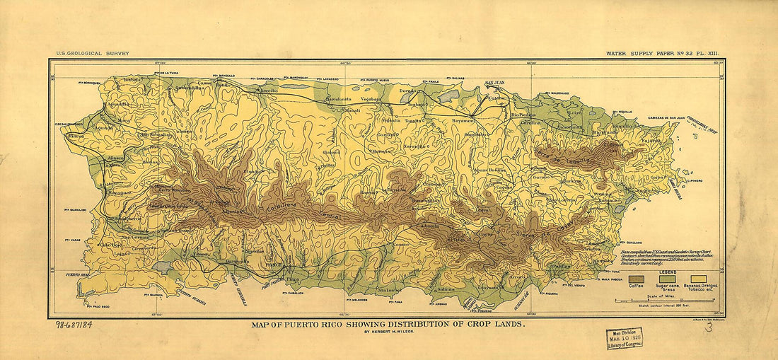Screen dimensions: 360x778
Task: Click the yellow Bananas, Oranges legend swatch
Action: pyautogui.click(x=700, y=279)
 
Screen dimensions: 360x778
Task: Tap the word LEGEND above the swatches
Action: pyautogui.click(x=667, y=272)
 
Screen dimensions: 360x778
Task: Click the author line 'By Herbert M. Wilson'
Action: pyautogui.click(x=388, y=331)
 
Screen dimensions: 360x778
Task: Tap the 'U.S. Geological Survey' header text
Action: pyautogui.click(x=90, y=54)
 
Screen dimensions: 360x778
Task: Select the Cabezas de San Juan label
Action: pyautogui.click(x=667, y=118)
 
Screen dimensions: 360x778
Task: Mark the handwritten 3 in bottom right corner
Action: pyautogui.click(x=709, y=327)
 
